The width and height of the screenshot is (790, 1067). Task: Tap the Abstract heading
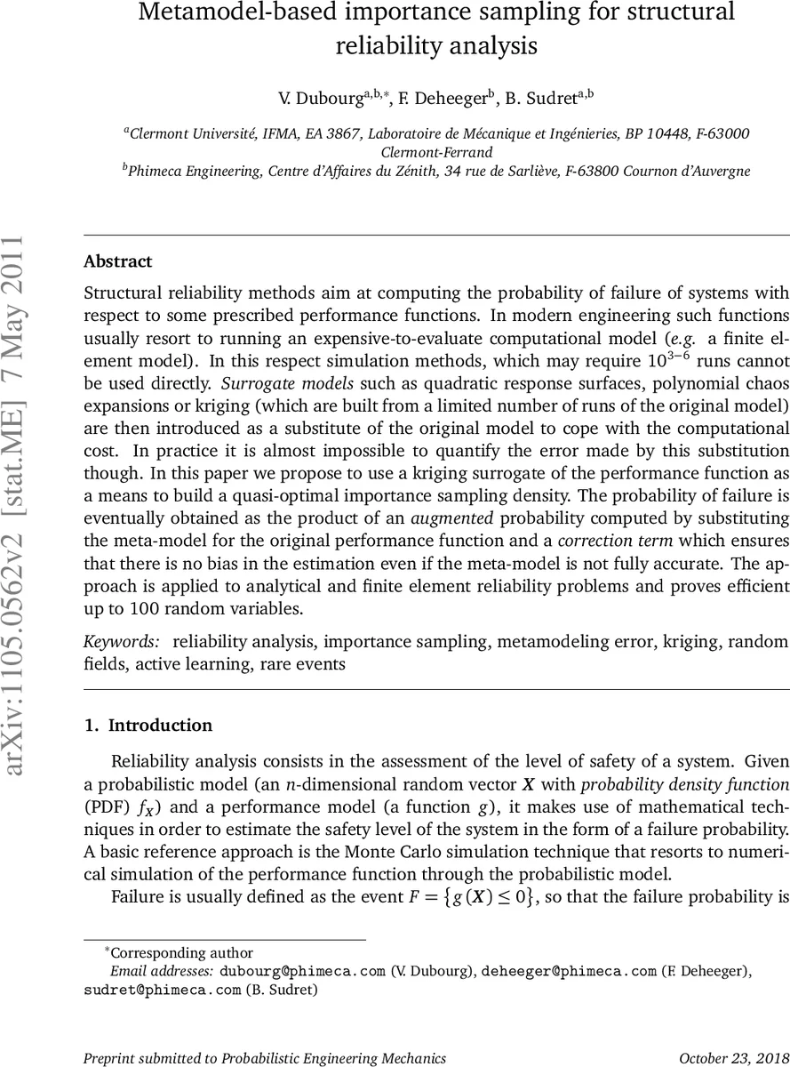pyautogui.click(x=117, y=261)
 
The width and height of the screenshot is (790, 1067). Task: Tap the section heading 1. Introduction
pyautogui.click(x=148, y=726)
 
